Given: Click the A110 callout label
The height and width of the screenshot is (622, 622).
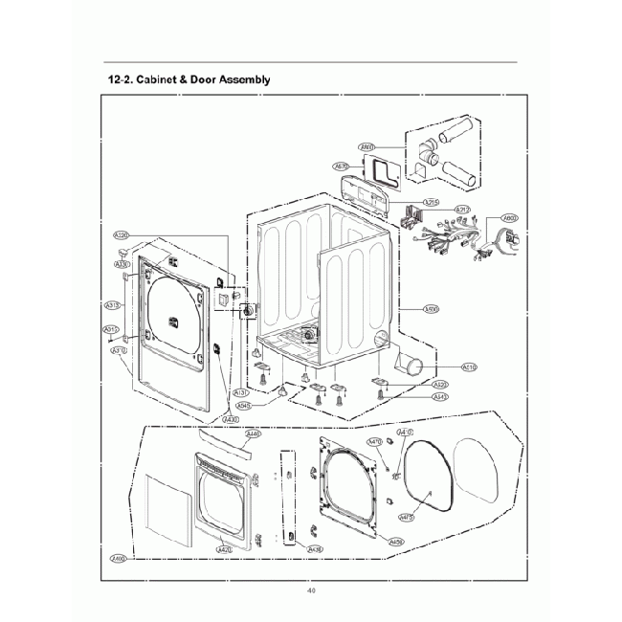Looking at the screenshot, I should [470, 367].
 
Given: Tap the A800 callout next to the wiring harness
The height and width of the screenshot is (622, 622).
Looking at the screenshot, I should [510, 217].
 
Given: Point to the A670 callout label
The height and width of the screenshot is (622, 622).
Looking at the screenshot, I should [342, 167].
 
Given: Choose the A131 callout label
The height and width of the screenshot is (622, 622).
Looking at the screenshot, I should [241, 392].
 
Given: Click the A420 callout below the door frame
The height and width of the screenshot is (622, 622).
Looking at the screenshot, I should [225, 550].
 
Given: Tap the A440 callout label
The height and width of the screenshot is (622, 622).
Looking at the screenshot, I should [253, 433].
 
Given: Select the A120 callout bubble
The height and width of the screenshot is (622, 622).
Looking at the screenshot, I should [122, 235].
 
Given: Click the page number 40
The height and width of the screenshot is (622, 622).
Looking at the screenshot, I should [311, 589].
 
